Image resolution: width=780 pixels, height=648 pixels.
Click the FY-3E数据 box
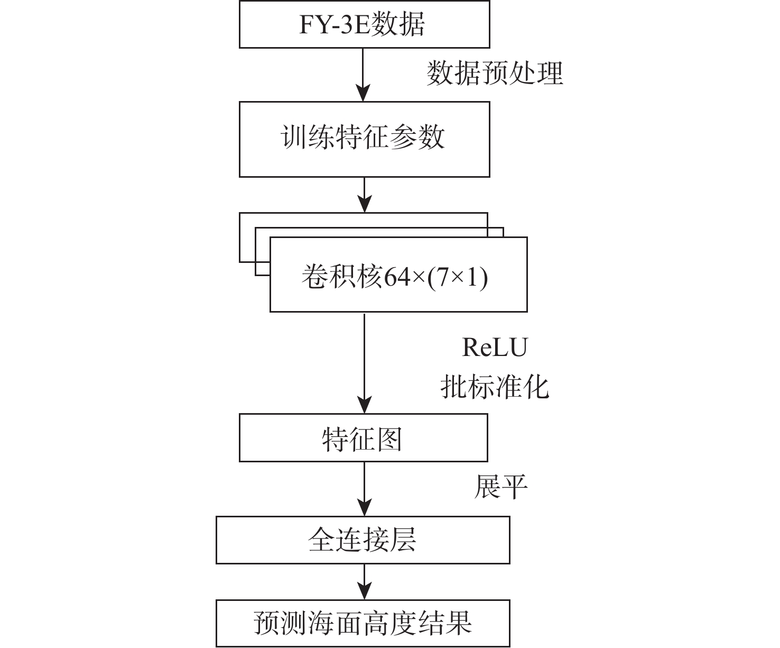coord(364,24)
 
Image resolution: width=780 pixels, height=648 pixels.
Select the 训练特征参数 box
coord(364,139)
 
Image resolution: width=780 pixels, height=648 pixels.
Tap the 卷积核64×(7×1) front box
coord(398,275)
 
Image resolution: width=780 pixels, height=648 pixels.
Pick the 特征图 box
coord(363,438)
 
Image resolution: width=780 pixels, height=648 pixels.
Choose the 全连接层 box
coord(363,540)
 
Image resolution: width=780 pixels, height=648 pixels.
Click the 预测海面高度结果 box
coord(363,623)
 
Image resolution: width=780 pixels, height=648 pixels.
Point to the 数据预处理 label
coord(495,73)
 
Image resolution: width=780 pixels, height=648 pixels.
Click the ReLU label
coord(495,348)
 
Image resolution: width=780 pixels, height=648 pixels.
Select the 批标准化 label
coord(495,387)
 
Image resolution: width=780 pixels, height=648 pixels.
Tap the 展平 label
coord(500,487)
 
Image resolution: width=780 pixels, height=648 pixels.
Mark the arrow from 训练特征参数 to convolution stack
coord(364,195)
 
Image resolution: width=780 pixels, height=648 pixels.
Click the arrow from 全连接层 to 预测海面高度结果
coord(364,581)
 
